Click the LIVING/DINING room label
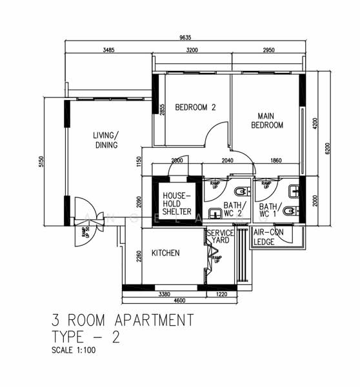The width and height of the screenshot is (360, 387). [106, 140]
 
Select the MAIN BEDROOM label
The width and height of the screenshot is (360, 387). [267, 120]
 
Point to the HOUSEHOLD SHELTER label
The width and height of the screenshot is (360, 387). [177, 203]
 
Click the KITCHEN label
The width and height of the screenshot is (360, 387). [165, 253]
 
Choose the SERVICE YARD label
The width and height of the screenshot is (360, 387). [220, 237]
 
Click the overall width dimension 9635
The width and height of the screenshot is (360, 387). [185, 37]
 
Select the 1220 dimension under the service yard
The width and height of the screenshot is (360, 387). [221, 294]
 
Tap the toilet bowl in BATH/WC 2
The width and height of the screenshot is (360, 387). [241, 191]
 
